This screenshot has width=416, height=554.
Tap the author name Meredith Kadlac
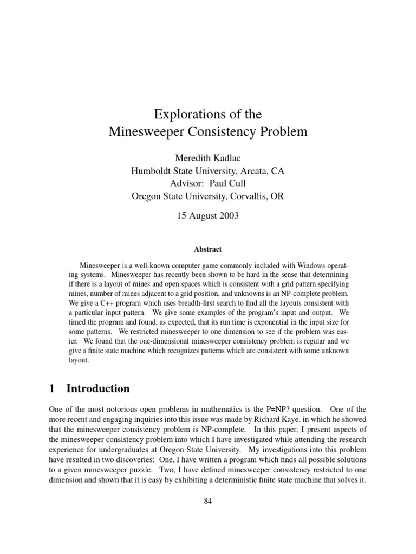207,157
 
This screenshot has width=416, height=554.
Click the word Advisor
186,183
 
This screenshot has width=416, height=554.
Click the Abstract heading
208,249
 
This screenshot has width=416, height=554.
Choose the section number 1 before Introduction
53,388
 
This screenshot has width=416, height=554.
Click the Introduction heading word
98,388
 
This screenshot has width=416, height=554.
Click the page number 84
208,501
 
